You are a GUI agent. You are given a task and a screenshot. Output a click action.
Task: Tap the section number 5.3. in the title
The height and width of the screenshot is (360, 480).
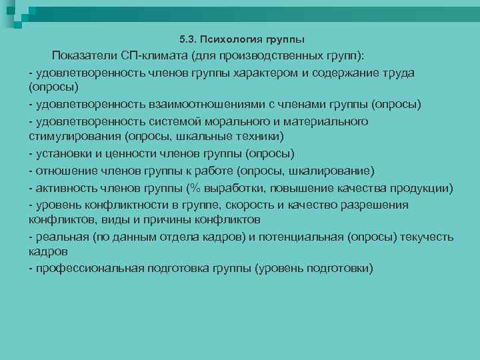pos(192,39)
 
